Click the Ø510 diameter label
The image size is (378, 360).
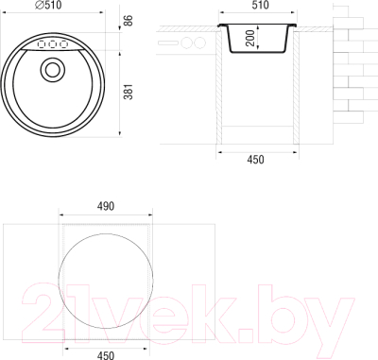48,5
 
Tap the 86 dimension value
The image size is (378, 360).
129,21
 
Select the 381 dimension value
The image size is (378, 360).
129,92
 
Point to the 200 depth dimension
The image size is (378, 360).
250,38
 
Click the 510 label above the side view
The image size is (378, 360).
260,5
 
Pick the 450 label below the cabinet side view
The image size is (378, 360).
255,160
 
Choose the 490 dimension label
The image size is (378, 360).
106,206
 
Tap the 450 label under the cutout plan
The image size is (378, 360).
106,355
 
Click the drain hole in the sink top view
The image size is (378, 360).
52,70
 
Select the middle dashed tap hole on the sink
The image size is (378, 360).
52,44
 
